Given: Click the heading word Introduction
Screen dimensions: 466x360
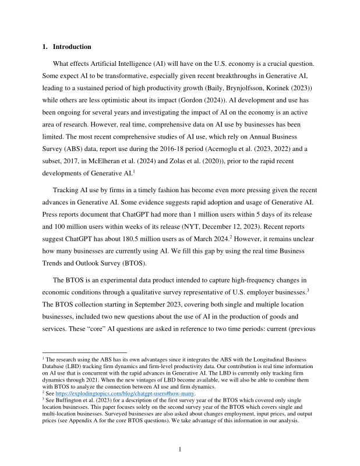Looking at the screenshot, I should pyautogui.click(x=74, y=47).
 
